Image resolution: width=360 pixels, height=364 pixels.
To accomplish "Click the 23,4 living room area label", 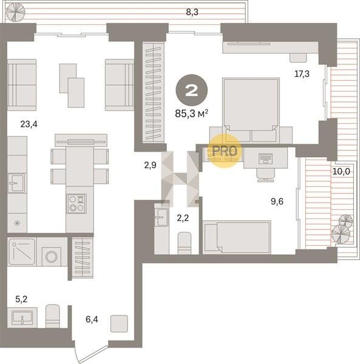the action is click(x=29, y=124).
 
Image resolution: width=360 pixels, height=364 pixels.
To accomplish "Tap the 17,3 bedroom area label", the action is click(x=302, y=74).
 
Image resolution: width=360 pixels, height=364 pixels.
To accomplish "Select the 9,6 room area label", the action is click(x=277, y=201).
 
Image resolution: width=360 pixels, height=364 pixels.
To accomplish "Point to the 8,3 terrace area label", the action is click(x=192, y=12).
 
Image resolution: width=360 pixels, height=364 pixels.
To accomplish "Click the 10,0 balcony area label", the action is click(x=341, y=172).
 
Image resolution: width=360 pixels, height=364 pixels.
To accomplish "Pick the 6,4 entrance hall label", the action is click(x=92, y=320).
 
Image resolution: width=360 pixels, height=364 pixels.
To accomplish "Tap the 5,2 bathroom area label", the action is click(x=21, y=299).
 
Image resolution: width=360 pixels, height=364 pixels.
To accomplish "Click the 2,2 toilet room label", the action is click(x=183, y=218).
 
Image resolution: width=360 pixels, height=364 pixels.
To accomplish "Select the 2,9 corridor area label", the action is click(x=151, y=165).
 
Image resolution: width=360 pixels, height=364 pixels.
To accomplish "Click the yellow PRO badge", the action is click(x=225, y=151).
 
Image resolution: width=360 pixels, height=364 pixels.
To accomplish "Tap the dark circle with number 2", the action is click(x=192, y=90).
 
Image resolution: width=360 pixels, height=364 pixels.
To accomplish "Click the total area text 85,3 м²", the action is click(x=191, y=114).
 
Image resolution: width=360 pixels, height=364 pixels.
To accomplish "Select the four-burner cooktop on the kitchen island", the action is click(x=76, y=204).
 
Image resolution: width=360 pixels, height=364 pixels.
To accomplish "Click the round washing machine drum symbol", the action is click(x=52, y=257).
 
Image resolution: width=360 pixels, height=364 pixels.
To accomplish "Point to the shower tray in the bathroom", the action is click(x=22, y=252).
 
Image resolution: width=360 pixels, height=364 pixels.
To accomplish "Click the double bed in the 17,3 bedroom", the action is click(x=251, y=110).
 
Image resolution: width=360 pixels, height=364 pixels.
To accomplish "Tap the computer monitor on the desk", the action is click(x=265, y=158).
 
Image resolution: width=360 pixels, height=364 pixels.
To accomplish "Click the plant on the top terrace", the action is click(x=15, y=13).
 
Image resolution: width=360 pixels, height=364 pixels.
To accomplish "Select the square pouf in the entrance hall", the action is click(x=119, y=323).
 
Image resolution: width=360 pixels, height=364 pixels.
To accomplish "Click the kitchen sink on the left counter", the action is click(x=16, y=183).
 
